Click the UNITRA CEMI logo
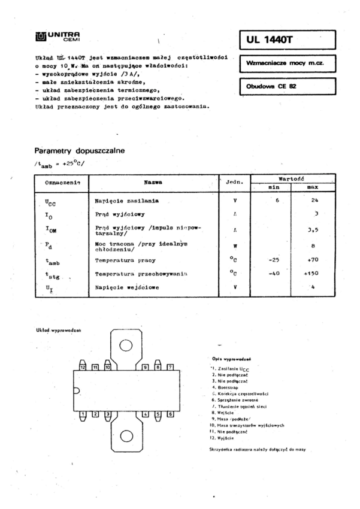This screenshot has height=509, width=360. [58, 37]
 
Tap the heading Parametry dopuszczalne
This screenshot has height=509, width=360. [79, 152]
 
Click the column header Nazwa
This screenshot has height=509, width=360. [153, 182]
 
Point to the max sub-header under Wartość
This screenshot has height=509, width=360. [312, 187]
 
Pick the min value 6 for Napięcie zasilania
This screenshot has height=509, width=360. [277, 199]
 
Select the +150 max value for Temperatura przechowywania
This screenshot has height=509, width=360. [311, 272]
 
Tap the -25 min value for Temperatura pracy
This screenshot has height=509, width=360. [276, 260]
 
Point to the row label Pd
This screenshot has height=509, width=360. [49, 245]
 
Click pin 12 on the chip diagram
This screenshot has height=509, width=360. [83, 366]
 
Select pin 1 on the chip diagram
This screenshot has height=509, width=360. [83, 414]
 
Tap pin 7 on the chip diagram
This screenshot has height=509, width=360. [171, 366]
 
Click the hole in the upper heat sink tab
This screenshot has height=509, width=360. [126, 346]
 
